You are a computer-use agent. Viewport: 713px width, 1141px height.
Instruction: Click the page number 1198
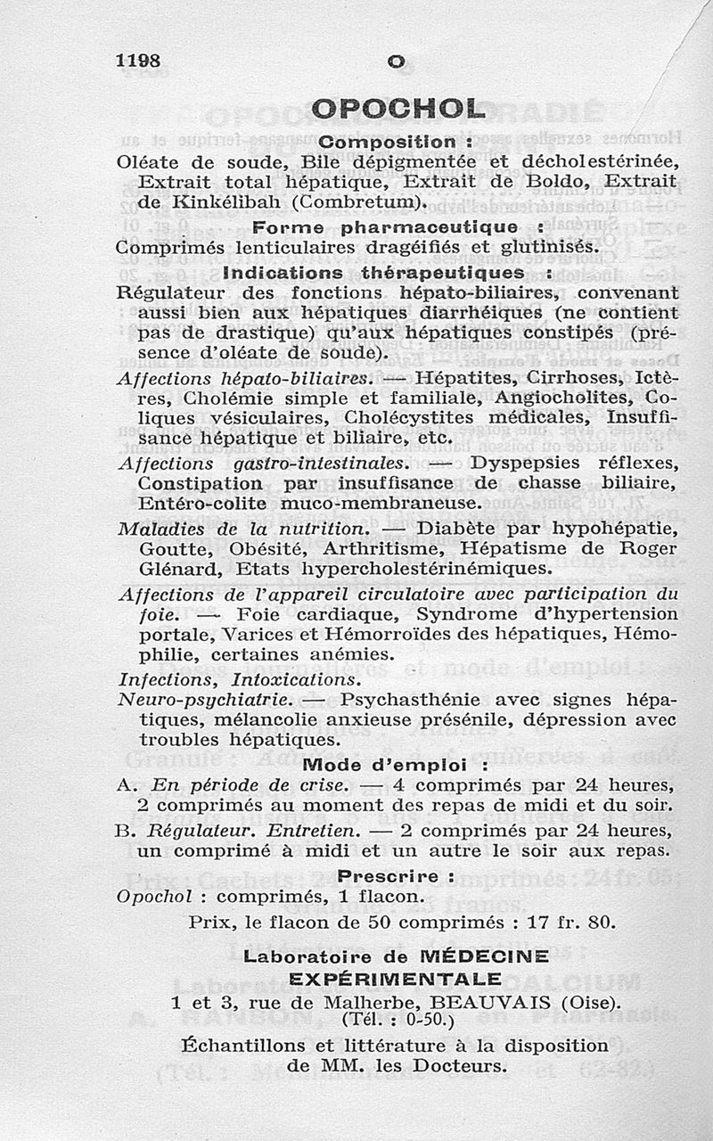pyautogui.click(x=138, y=61)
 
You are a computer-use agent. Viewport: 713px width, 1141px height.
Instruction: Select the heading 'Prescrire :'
pyautogui.click(x=394, y=875)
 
